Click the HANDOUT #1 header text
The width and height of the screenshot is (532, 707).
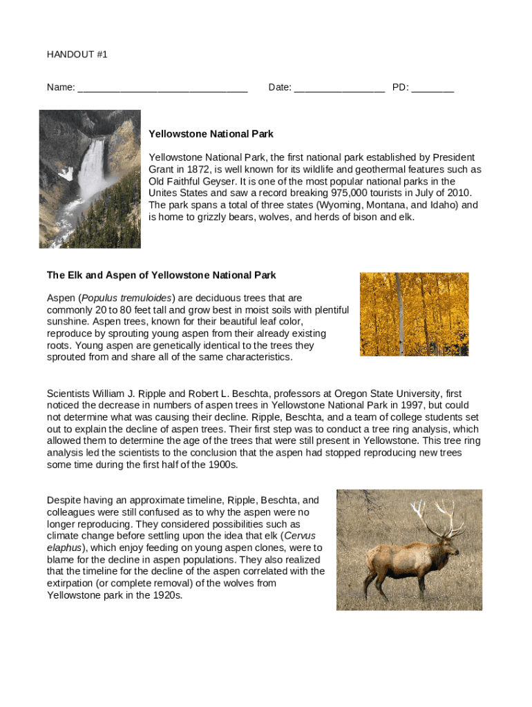coord(77,54)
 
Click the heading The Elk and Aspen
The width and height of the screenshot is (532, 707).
coord(161,275)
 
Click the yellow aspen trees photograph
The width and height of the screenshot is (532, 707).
coord(414,314)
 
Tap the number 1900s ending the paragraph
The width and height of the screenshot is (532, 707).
coord(225,465)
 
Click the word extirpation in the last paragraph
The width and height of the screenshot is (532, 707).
coord(70,583)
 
